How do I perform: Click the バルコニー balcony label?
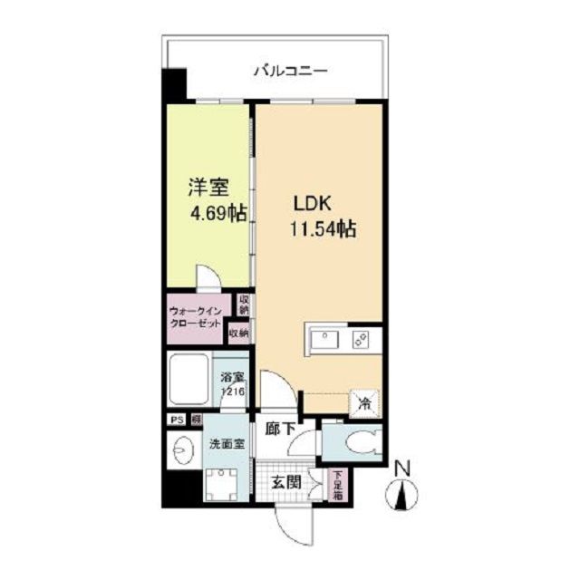coord(290,70)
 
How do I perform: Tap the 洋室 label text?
coord(208,188)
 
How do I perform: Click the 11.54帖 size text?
coord(322,229)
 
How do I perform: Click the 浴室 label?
coord(232,379)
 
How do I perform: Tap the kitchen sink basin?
coord(324,340)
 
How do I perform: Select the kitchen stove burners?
coord(360,340)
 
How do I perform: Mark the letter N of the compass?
coord(402,469)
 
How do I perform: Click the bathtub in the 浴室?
coord(187,379)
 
